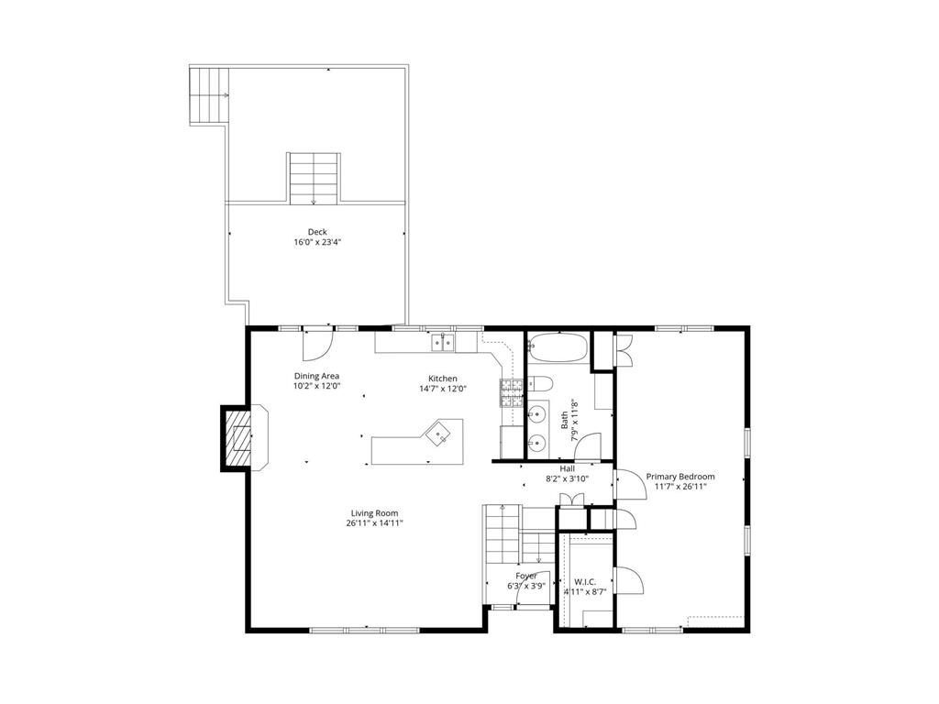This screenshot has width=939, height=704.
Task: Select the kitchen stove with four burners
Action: (x=510, y=392)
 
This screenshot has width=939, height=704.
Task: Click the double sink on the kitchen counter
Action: (x=444, y=343)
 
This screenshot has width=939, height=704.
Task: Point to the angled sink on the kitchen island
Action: (x=442, y=434)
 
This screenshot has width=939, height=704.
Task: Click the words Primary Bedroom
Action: (x=680, y=477)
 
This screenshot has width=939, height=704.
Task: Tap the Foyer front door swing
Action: (x=531, y=596)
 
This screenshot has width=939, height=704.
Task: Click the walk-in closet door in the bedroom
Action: (x=626, y=582)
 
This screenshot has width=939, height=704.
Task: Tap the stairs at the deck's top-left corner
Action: (x=208, y=95)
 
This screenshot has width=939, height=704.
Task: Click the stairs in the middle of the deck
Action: (x=315, y=178)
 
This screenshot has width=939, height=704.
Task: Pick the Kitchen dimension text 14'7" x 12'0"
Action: (x=443, y=389)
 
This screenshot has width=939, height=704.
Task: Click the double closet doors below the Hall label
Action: (x=571, y=500)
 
